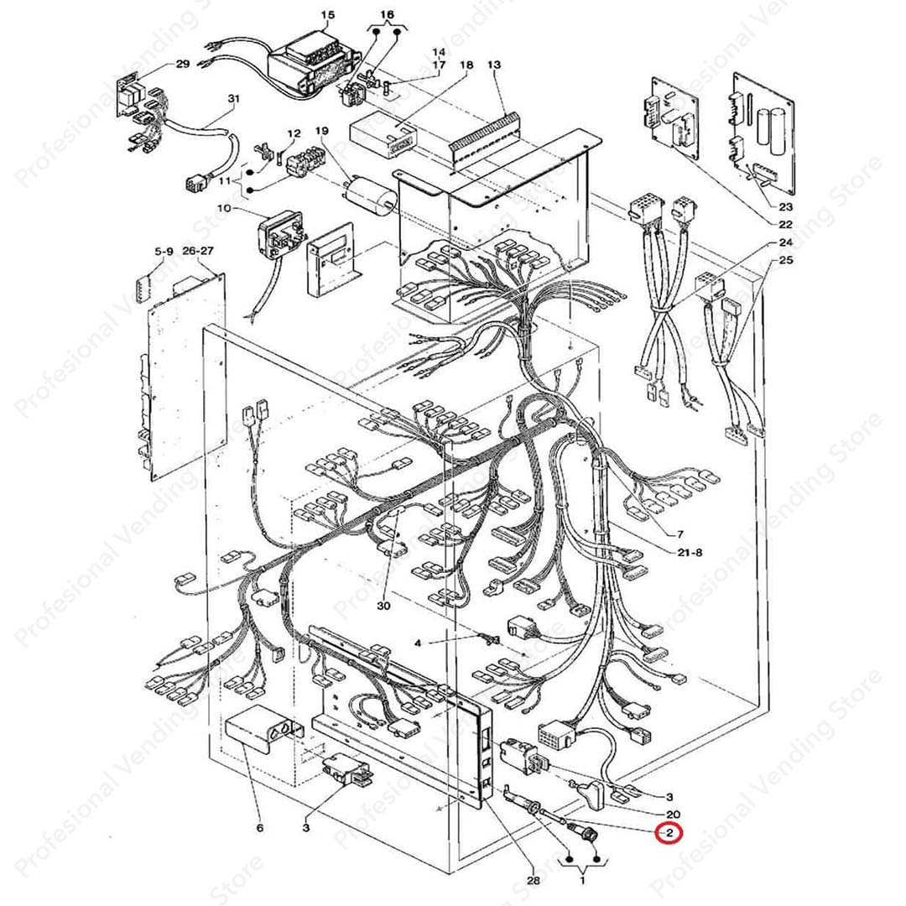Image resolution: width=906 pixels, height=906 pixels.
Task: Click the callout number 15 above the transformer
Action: point(327,15)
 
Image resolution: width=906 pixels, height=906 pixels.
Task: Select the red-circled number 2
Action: point(669,834)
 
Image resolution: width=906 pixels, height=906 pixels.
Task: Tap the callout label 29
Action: point(182,65)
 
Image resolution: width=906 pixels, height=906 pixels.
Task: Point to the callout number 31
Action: point(233,99)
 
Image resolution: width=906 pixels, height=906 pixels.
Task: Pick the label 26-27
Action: point(198,251)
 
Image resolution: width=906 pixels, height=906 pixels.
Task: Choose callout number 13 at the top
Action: point(493,65)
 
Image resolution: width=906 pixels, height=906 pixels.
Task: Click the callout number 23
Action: point(785,206)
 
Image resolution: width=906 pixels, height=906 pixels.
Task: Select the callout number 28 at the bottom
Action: point(533,880)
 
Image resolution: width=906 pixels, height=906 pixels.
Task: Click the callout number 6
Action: point(260,829)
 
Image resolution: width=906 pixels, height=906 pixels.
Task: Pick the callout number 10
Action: point(222,207)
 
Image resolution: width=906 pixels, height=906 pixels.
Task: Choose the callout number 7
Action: point(679,534)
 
